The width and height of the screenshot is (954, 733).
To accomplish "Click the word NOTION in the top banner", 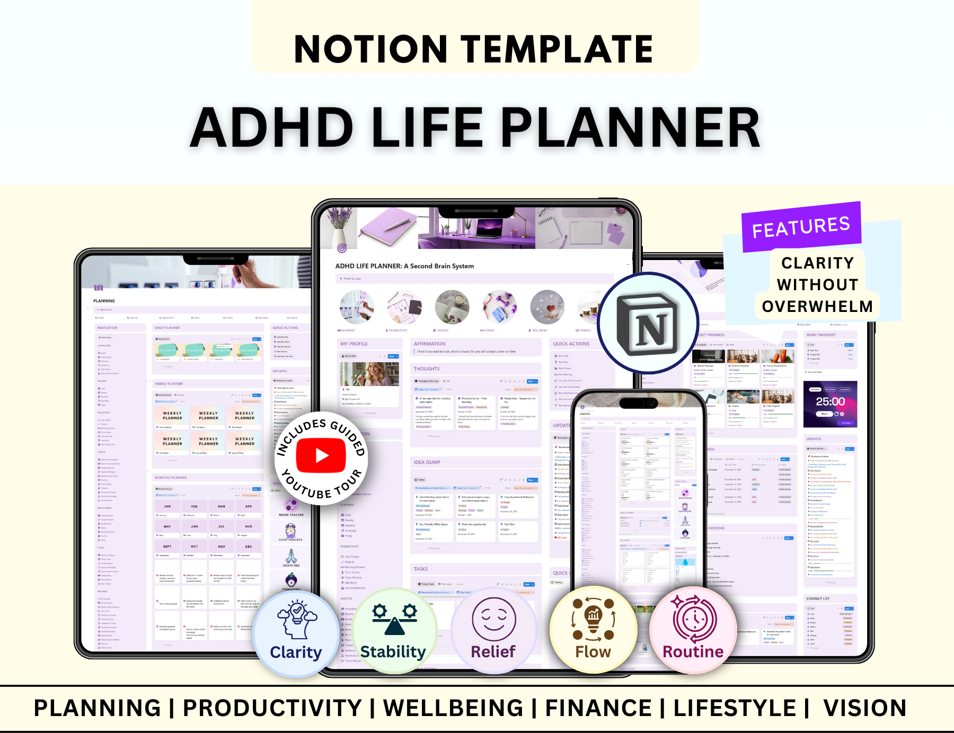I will click(x=370, y=49).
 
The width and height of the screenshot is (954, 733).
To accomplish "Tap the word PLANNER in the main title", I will click(x=630, y=128).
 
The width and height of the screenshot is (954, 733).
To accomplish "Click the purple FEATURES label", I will click(x=801, y=227).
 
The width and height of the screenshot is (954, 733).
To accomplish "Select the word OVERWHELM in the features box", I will click(x=817, y=307).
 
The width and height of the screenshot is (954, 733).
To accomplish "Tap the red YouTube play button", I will click(x=321, y=455).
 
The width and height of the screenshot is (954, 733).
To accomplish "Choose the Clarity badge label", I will click(x=296, y=652).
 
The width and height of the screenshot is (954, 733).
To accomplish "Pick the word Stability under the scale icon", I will click(x=393, y=651).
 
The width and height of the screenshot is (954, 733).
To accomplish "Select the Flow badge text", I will click(x=593, y=652).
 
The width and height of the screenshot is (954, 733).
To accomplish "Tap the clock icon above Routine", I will click(x=694, y=619).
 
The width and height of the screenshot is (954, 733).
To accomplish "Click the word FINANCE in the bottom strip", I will click(x=598, y=708).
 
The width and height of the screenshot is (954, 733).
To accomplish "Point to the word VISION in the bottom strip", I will click(x=864, y=708).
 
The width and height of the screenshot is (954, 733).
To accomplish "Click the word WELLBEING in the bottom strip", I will click(x=453, y=708).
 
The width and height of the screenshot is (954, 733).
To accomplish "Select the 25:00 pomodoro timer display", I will click(x=830, y=401).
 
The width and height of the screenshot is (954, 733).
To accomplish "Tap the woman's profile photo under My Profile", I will click(x=369, y=374).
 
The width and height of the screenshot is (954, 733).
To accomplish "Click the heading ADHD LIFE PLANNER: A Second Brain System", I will click(x=404, y=266).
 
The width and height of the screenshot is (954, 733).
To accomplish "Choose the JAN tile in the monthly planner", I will click(x=167, y=506).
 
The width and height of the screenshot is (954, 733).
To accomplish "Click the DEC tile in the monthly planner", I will click(x=249, y=547).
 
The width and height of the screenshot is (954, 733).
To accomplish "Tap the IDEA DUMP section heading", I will click(x=427, y=462).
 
